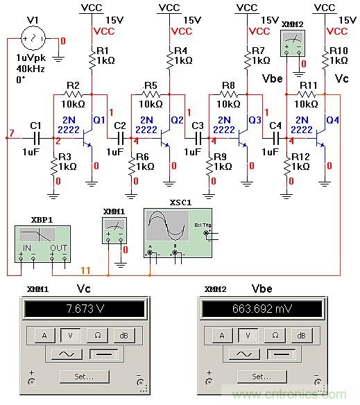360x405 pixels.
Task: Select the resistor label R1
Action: [x=103, y=51]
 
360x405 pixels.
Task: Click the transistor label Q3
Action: [x=255, y=119]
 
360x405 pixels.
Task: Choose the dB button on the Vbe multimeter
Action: [x=300, y=336]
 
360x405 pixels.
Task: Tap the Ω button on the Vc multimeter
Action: [x=98, y=336]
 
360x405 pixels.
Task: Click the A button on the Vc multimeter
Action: [x=45, y=336]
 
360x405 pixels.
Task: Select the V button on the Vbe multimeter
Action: [x=248, y=336]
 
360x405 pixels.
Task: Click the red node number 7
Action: [x=10, y=132]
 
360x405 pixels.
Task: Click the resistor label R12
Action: [x=301, y=157]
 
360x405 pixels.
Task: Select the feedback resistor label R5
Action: [x=149, y=86]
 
